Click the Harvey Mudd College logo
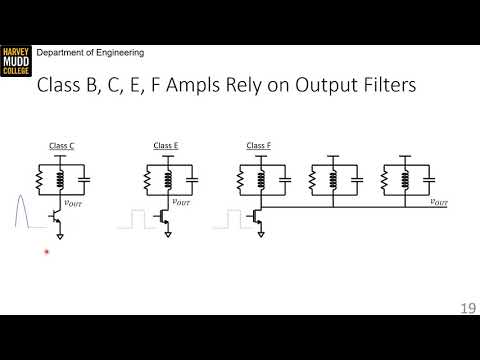pyautogui.click(x=15, y=62)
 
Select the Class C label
pyautogui.click(x=62, y=146)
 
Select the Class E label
pyautogui.click(x=166, y=146)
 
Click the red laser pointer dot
pyautogui.click(x=46, y=253)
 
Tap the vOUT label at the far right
pyautogui.click(x=438, y=203)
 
